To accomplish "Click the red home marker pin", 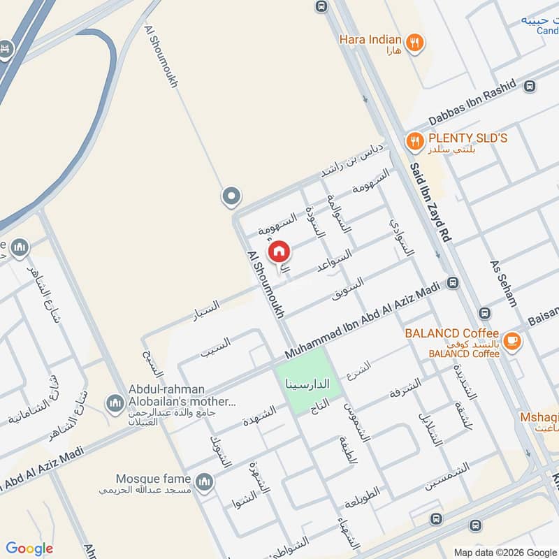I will [x=279, y=252].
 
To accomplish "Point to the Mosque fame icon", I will [x=204, y=482].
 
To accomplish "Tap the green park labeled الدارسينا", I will [x=308, y=382].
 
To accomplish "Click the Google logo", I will [x=29, y=549].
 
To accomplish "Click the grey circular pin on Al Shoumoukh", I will [x=231, y=197].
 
